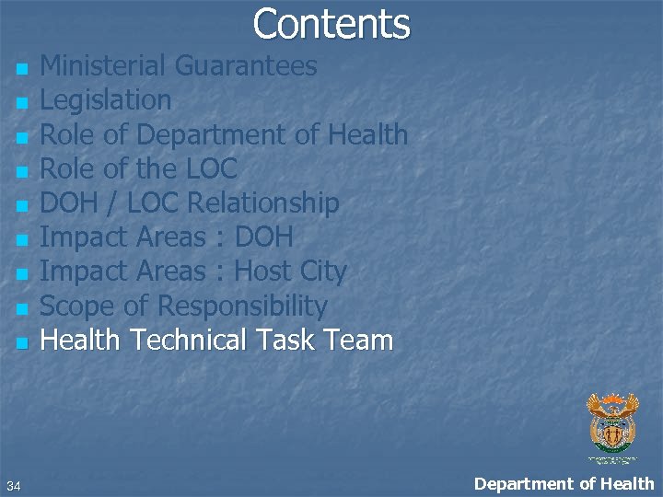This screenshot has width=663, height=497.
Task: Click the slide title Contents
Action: pos(331,24)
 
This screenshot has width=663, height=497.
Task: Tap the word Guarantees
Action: pos(246,66)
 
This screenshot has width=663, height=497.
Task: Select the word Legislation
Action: pos(106,100)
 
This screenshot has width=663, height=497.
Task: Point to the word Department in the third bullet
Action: pos(215,135)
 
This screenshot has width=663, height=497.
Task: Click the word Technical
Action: pos(188,341)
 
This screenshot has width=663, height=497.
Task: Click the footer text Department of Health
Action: pos(564,483)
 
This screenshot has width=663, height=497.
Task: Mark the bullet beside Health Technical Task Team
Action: pos(21,344)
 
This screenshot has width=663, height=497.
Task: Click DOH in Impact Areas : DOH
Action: pos(264,237)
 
